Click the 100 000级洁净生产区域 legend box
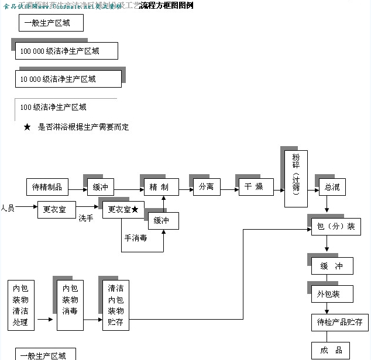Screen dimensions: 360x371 (x=66, y=51)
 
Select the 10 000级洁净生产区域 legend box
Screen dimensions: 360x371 (x=68, y=79)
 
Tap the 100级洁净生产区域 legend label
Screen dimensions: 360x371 (x=53, y=107)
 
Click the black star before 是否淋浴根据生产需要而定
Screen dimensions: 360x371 (x=27, y=127)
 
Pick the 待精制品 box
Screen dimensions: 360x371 (x=47, y=188)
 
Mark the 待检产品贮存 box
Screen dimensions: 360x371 (x=339, y=322)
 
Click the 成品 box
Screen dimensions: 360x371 (x=332, y=350)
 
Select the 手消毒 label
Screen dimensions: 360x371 (x=135, y=238)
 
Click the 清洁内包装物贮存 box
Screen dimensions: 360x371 (x=115, y=305)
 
